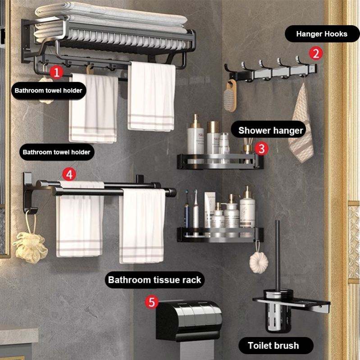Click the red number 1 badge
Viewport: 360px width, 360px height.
[x=56, y=72]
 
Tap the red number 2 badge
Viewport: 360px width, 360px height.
[x=316, y=53]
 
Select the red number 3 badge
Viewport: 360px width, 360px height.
[x=261, y=149]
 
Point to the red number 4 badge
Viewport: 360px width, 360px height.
[x=69, y=174]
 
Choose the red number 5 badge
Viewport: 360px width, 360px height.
[x=151, y=302]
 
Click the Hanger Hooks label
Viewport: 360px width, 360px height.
[x=322, y=34]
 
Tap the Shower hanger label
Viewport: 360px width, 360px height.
[x=271, y=130]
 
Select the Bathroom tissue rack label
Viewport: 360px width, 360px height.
[x=155, y=280]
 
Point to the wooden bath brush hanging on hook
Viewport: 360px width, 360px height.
[x=230, y=96]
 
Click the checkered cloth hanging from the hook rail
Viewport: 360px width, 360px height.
[x=301, y=124]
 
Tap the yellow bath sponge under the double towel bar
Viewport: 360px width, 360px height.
[x=30, y=247]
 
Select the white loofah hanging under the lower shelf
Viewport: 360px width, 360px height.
[x=259, y=262]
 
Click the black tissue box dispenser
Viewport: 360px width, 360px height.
[x=189, y=320]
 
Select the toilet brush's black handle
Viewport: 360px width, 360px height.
[x=278, y=255]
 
